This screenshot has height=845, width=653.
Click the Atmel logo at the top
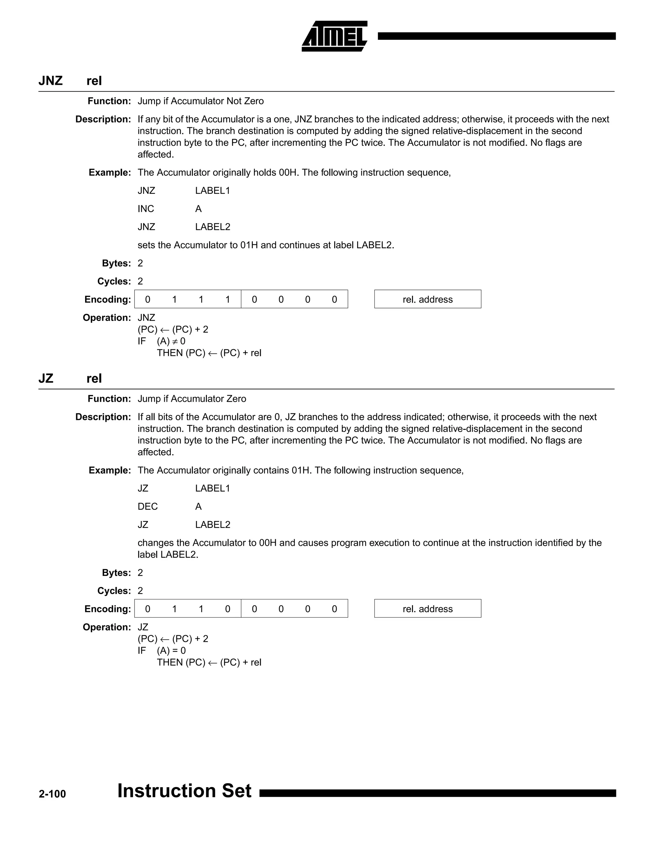(x=334, y=36)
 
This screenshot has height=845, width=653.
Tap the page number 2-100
(x=52, y=794)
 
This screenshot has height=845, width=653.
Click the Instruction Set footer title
(x=184, y=790)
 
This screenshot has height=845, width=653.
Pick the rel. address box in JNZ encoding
(x=428, y=299)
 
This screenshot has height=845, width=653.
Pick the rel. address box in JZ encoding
(x=428, y=609)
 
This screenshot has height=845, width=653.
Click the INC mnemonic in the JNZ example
(x=146, y=209)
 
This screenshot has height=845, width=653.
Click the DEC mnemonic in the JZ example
(x=147, y=506)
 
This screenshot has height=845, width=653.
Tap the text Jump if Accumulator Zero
(x=192, y=399)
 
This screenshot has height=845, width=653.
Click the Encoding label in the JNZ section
(x=107, y=299)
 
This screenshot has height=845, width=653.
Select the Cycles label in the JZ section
(x=114, y=591)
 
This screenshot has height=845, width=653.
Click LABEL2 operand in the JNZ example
(x=212, y=227)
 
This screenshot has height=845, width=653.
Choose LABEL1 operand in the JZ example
(x=212, y=488)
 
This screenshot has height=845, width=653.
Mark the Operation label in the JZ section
(x=107, y=627)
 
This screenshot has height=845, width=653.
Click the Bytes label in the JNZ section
(x=116, y=263)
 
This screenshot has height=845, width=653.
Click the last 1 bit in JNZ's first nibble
(x=227, y=299)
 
